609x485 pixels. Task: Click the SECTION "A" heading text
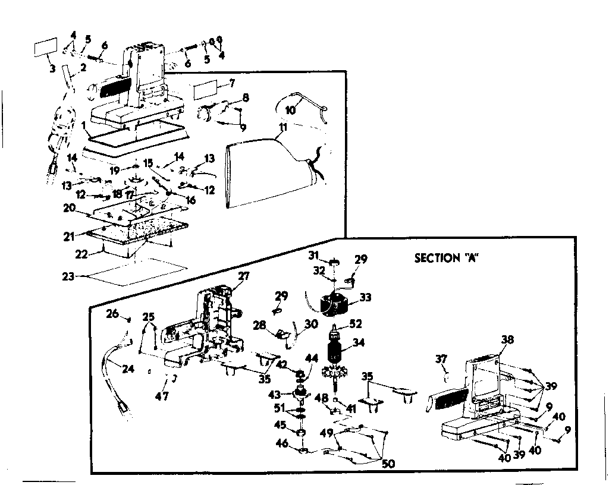[447, 258]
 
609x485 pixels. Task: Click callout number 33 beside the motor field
[365, 297]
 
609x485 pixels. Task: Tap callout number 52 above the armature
[357, 324]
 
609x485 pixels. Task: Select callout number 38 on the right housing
[507, 340]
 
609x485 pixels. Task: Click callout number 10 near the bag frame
[290, 110]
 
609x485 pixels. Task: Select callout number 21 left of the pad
[69, 237]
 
